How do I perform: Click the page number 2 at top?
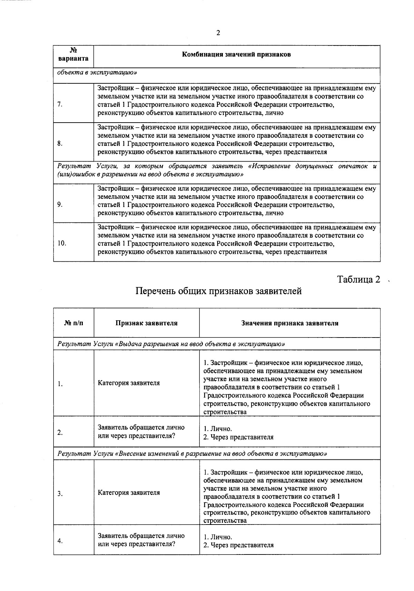(218, 33)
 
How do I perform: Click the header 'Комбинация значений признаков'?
(236, 54)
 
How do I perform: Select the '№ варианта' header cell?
(73, 54)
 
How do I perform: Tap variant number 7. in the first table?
(60, 105)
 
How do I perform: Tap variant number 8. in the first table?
(60, 144)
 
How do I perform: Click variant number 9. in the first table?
(60, 205)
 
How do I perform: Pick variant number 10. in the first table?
(62, 243)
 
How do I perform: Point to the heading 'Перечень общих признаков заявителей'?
(218, 291)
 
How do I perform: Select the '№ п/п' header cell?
(73, 323)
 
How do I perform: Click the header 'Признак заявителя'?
(146, 323)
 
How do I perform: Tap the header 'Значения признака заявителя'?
(289, 323)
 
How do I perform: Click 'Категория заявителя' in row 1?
(129, 383)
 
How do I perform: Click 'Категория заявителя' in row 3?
(129, 493)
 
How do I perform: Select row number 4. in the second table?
(60, 541)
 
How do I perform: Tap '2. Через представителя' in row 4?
(238, 545)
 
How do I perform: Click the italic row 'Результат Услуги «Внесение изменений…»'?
(192, 453)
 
